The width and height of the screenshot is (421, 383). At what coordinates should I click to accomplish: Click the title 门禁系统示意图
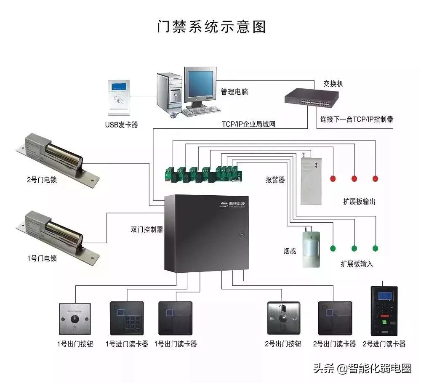tap(211, 27)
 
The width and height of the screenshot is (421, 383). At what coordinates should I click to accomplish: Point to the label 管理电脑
tap(234, 92)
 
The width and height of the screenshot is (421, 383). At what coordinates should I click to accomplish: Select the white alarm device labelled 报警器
tap(311, 181)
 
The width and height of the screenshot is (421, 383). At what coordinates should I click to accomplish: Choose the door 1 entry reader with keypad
tap(124, 318)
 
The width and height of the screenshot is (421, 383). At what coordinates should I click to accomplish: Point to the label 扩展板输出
tap(359, 202)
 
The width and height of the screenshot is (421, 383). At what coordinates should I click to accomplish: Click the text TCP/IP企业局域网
tap(248, 125)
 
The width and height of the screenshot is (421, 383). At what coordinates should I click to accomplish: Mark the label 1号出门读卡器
tap(176, 344)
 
